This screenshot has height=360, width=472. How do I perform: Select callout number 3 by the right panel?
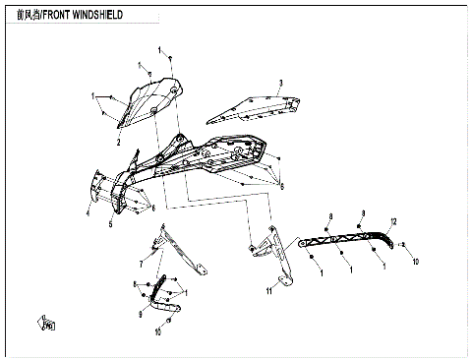point(280,83)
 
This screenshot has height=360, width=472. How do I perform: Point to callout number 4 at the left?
point(87,210)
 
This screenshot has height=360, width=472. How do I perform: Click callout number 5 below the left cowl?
point(110,224)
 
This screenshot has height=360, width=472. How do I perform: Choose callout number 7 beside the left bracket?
point(141,265)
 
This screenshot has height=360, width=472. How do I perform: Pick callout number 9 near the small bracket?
point(141,315)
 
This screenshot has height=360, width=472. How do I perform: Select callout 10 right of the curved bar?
point(416,263)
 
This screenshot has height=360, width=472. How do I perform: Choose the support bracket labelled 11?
point(279,261)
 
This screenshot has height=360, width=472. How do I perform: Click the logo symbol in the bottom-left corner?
point(46,321)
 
